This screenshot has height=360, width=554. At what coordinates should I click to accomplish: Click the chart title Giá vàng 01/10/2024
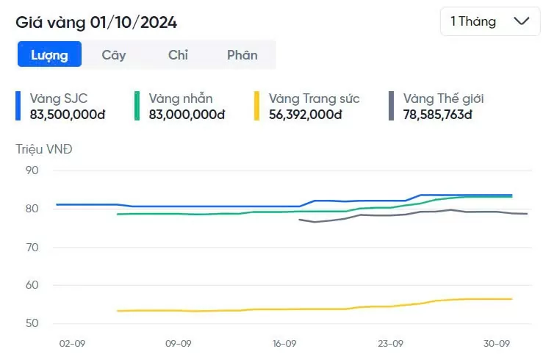[x=96, y=22]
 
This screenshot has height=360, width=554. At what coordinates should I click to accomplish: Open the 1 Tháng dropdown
[x=489, y=21]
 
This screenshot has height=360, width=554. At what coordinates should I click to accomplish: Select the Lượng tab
[x=49, y=54]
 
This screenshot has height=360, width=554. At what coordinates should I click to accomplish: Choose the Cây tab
[x=114, y=54]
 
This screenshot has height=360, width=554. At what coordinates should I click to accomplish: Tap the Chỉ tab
[x=178, y=54]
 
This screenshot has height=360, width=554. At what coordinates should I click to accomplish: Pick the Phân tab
[x=242, y=54]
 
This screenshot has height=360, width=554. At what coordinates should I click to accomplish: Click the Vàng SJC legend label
[x=59, y=98]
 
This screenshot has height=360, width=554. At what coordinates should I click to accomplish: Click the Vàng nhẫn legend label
[x=181, y=98]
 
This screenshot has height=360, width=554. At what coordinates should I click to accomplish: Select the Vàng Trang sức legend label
[x=314, y=98]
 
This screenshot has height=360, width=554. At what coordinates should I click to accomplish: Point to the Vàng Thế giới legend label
[x=443, y=98]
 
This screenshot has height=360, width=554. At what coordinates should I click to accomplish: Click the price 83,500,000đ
[x=68, y=115]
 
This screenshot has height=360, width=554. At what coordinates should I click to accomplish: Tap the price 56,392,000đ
[x=306, y=115]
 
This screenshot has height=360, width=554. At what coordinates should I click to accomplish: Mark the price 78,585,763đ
[x=437, y=115]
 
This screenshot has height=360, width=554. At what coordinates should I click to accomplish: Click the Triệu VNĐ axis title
[x=44, y=149]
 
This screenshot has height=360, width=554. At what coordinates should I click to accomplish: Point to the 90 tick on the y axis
[x=31, y=170]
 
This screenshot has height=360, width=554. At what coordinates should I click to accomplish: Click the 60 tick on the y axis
[x=31, y=285]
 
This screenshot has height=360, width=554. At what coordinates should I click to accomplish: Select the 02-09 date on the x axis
[x=72, y=343]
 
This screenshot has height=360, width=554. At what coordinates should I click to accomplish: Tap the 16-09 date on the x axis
[x=284, y=343]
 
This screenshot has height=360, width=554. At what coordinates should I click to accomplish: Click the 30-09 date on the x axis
[x=497, y=343]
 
